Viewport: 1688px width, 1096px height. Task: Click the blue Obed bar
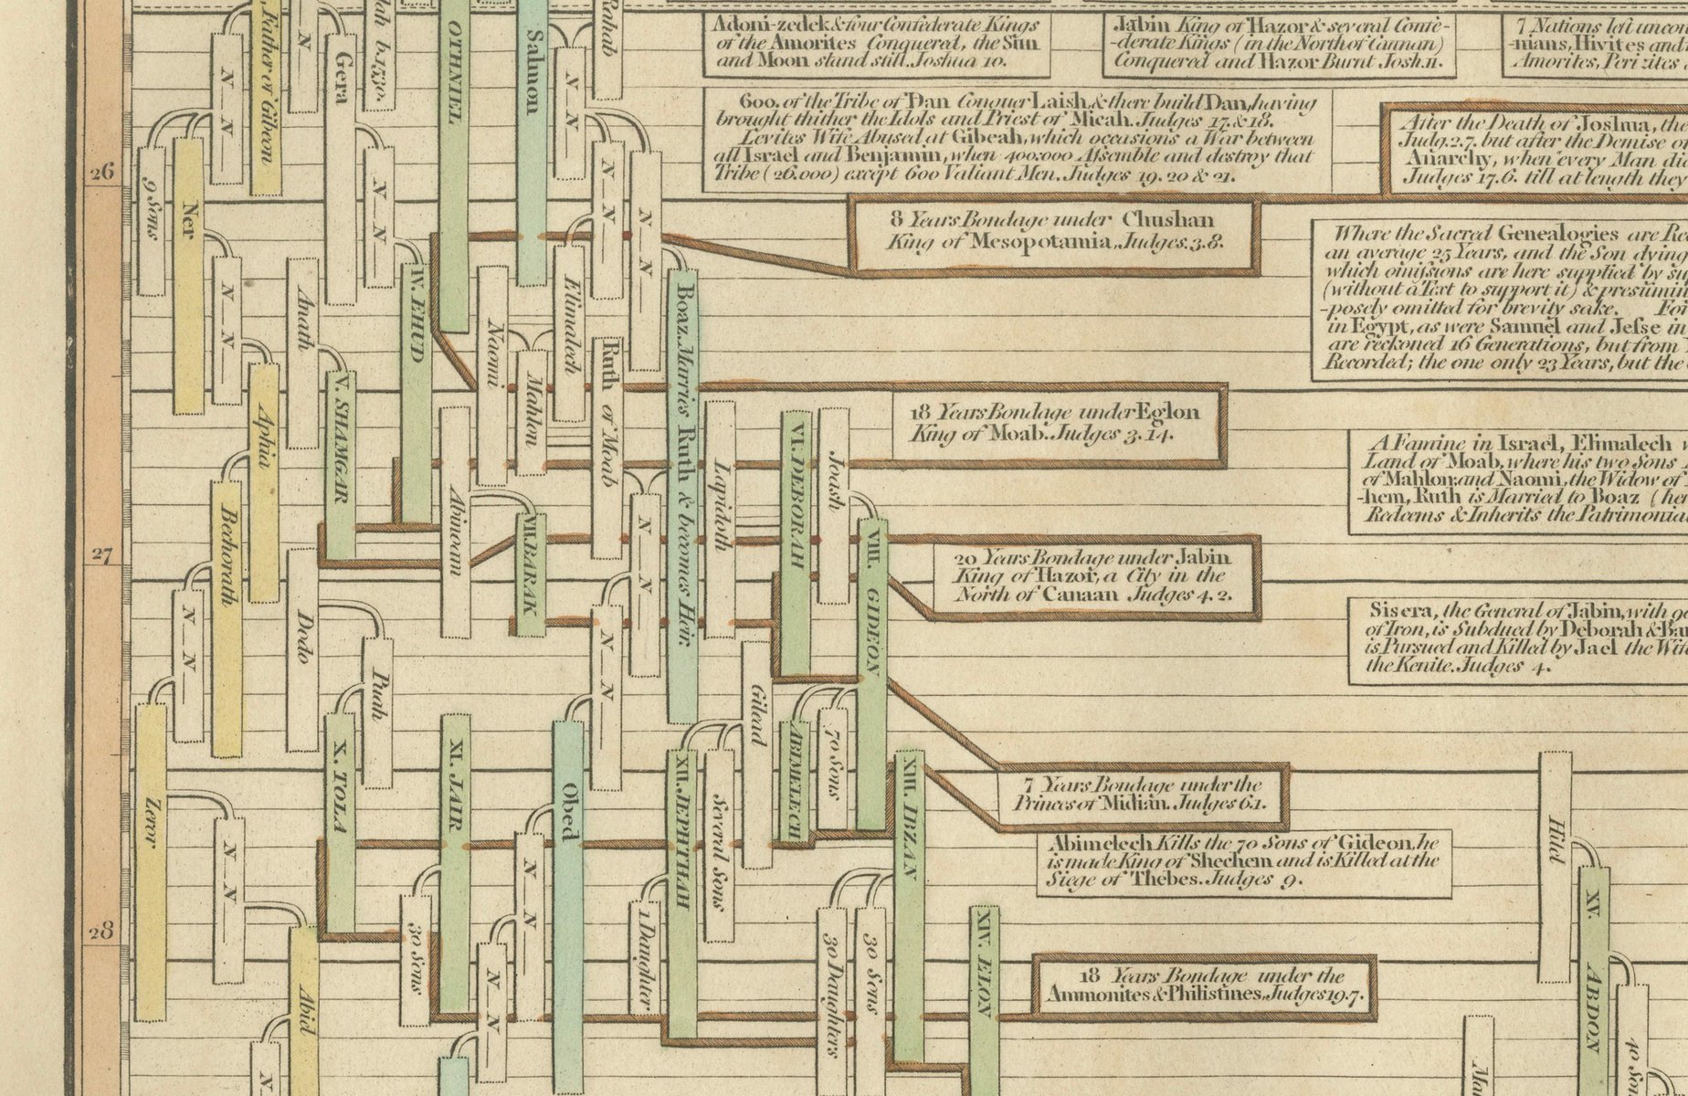[x=567, y=877]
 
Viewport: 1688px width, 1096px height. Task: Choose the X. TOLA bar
[x=340, y=822]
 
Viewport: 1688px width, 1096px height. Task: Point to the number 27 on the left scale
[x=102, y=554]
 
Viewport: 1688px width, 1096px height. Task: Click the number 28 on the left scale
[x=102, y=933]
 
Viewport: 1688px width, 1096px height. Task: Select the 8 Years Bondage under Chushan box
[x=1055, y=232]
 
